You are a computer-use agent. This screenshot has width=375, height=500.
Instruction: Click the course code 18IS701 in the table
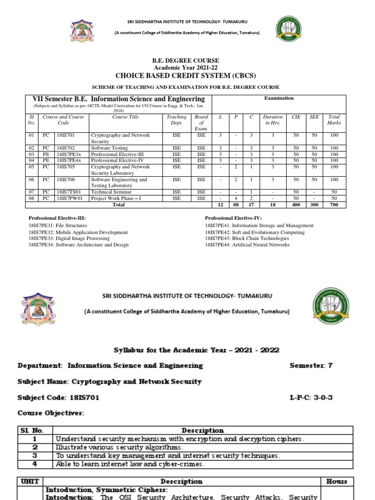tap(66, 135)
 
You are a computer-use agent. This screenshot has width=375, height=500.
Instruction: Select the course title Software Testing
tap(109, 148)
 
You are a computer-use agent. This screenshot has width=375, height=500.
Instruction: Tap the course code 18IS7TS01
tap(70, 192)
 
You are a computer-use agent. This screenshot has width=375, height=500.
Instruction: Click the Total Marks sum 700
tap(333, 205)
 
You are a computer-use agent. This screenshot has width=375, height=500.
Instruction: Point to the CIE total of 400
tap(295, 205)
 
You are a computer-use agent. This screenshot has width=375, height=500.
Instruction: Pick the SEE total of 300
tap(314, 205)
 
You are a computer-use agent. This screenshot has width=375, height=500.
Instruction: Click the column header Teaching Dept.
tap(176, 120)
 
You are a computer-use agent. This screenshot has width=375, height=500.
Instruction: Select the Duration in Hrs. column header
tap(272, 120)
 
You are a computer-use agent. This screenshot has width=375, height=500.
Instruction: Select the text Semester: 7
tap(311, 365)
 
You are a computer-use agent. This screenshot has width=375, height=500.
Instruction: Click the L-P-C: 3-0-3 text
tap(311, 397)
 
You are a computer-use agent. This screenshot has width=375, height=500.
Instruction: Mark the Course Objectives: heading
tap(51, 414)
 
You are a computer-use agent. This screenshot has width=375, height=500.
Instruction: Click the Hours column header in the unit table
tap(336, 481)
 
